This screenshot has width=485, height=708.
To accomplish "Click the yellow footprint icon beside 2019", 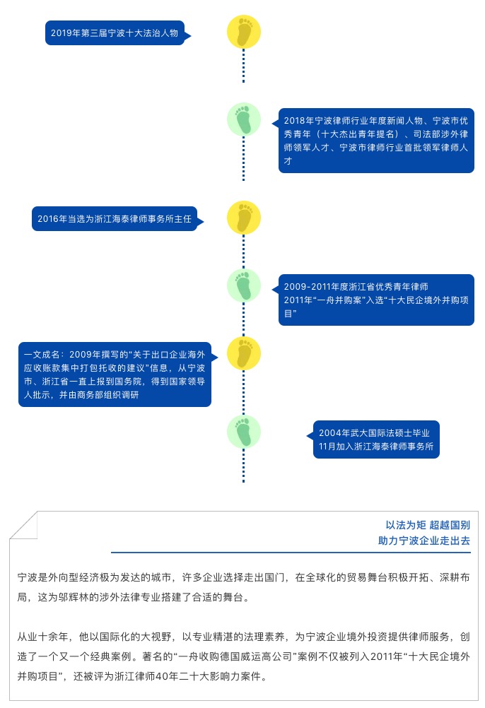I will [243, 33].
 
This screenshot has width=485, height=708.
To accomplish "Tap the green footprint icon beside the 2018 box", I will [243, 119].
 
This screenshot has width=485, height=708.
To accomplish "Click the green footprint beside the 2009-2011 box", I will [243, 285].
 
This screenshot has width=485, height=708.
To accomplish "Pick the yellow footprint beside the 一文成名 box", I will [243, 353].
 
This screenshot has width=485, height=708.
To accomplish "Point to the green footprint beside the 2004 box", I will [243, 432].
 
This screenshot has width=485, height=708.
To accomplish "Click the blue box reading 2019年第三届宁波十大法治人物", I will [116, 33].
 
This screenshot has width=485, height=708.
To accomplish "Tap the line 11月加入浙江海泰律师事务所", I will [375, 448].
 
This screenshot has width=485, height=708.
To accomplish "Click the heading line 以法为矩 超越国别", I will [427, 525].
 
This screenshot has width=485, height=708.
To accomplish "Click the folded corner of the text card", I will [23, 526].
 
